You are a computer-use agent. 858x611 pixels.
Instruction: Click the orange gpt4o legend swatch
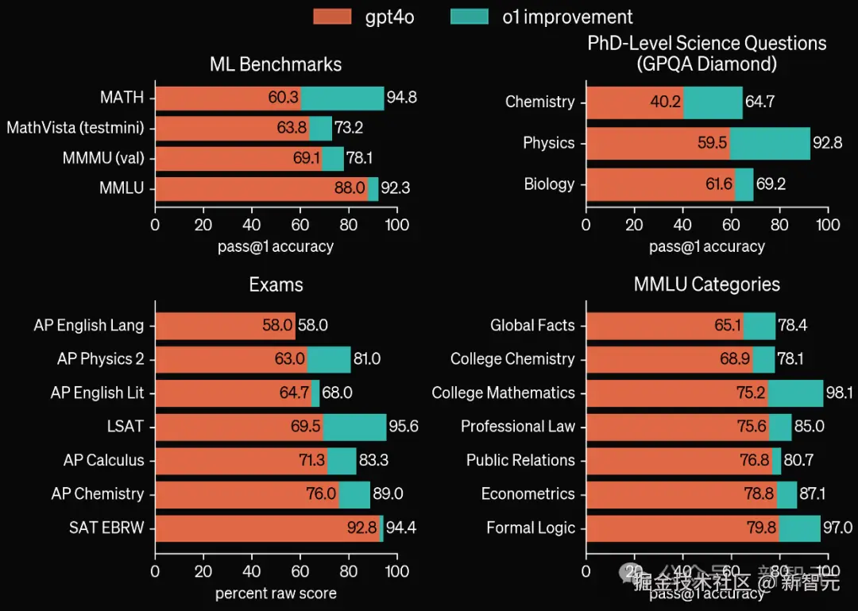[332, 17]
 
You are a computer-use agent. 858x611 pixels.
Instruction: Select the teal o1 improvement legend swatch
[469, 17]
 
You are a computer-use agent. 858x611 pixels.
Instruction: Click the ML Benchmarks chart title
[276, 64]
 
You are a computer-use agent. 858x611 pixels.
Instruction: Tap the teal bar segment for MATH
[342, 98]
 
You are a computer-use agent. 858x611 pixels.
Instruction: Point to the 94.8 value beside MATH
[402, 98]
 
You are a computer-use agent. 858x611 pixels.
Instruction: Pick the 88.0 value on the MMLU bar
[350, 188]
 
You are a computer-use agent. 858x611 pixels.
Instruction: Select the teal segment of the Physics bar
[770, 144]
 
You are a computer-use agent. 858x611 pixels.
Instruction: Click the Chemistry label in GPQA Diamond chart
[539, 102]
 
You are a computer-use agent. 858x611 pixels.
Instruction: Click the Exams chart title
[276, 284]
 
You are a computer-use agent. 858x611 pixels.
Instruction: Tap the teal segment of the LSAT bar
[354, 427]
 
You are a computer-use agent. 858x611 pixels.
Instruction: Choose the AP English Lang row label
[89, 325]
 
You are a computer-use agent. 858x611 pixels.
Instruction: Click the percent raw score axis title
[276, 594]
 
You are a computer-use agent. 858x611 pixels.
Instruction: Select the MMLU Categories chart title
[707, 284]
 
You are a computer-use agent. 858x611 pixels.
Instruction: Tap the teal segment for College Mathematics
[795, 393]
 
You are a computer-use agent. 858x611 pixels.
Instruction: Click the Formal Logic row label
[531, 528]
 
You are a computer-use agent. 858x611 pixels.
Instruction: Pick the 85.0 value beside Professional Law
[809, 427]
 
